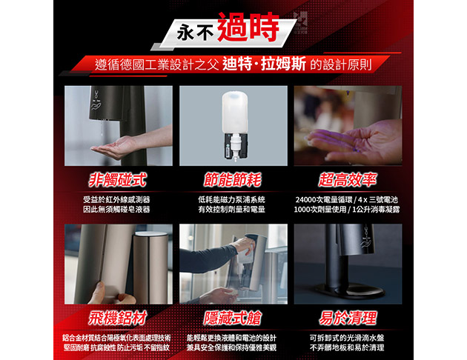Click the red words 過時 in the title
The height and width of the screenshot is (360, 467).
[248, 27]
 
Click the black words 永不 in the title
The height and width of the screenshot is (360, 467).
[196, 33]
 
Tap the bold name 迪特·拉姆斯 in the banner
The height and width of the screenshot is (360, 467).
[264, 64]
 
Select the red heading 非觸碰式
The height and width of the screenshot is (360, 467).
[118, 180]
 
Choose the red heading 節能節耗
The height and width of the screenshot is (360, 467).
[233, 180]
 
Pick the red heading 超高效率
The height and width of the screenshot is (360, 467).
[348, 180]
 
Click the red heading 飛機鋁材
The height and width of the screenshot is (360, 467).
[118, 318]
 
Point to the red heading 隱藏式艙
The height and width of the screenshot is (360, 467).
[233, 318]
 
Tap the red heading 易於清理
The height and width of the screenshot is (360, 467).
[348, 318]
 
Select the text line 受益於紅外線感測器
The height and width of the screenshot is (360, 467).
[116, 200]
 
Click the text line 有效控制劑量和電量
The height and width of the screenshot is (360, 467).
[232, 210]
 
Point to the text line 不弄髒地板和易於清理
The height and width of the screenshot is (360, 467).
[347, 347]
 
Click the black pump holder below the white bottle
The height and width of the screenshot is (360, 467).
[235, 147]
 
